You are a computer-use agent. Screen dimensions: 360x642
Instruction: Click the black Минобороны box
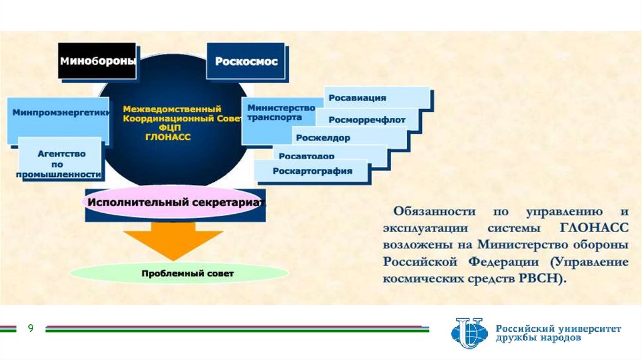97,61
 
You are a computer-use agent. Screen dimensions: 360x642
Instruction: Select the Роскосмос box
246,61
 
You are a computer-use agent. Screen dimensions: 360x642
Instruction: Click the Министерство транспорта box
276,112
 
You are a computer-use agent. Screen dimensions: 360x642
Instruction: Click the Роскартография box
312,171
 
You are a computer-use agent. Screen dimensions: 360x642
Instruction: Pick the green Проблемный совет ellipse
179,273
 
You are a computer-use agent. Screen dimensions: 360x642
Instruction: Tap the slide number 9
29,329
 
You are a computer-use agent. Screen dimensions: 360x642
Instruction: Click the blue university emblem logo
469,332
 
